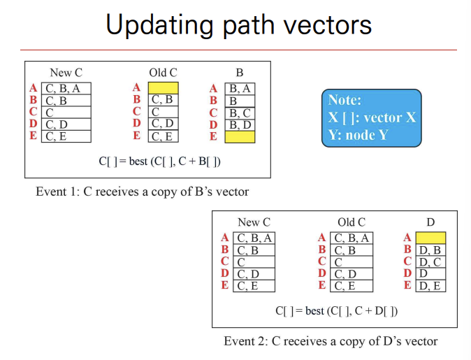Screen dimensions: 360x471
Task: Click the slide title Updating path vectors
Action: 238,26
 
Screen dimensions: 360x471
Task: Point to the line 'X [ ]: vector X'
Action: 371,117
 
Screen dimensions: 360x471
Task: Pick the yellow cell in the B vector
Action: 240,137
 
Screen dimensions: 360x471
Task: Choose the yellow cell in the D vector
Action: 430,238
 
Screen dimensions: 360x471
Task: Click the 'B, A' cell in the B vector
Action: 240,89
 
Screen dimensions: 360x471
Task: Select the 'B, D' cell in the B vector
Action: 240,125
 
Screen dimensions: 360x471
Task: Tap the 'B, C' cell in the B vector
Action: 240,113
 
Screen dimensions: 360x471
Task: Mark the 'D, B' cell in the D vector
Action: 430,250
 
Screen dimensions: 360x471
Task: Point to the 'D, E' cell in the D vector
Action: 430,285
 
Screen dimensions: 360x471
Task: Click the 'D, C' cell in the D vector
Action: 430,262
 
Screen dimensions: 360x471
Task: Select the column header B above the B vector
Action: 240,73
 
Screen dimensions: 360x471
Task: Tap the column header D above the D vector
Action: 430,222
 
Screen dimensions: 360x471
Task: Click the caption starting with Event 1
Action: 142,191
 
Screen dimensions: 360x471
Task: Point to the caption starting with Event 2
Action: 331,341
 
